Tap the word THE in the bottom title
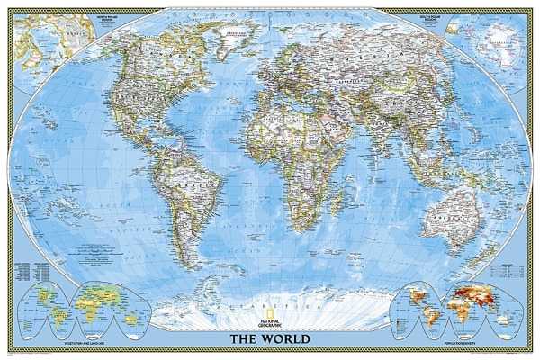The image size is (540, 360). tap(245, 339)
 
